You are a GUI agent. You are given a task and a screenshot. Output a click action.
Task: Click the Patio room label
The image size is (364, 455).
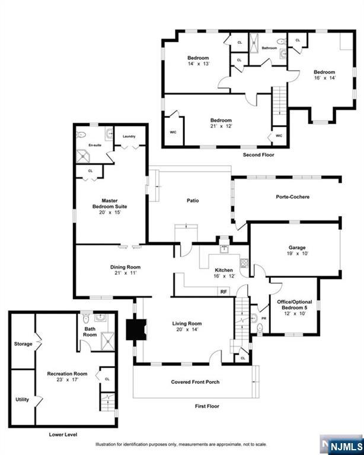coord(193,200)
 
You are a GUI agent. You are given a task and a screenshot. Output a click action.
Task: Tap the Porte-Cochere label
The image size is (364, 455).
coord(292,197)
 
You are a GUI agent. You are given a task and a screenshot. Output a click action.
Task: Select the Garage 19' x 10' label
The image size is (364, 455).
coord(296,249)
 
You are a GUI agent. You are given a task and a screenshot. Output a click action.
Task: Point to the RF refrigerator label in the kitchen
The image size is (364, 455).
coord(223,291)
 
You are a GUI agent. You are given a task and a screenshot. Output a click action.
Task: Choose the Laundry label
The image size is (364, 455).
coord(129,136)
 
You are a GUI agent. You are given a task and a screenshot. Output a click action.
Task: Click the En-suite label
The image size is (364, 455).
coord(94,145)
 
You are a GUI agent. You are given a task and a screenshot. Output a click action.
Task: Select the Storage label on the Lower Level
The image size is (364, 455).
coord(23,344)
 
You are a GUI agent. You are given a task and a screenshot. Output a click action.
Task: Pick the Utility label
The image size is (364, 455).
coord(22,399)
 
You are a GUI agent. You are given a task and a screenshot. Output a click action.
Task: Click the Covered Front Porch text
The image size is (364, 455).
coord(195,382)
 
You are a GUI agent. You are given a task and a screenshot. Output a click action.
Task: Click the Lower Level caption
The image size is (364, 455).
coord(63,435)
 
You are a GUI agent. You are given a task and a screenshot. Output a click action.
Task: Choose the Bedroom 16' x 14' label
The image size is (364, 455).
coord(324,75)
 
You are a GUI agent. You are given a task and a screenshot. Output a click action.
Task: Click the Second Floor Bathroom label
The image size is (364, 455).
coord(270,48)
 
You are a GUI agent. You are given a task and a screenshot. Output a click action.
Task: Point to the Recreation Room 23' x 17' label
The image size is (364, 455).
coord(68,377)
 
